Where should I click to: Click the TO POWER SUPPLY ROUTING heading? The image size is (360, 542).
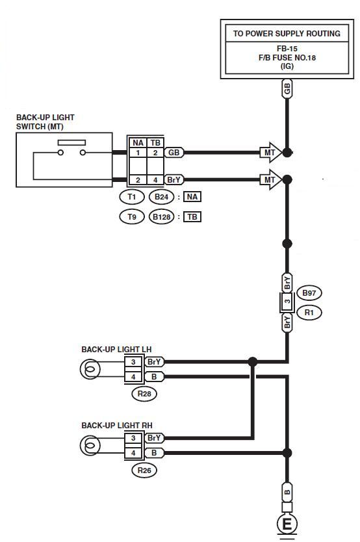tap(287, 34)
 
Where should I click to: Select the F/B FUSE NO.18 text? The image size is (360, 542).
tap(287, 57)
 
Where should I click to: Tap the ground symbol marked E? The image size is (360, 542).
tap(287, 524)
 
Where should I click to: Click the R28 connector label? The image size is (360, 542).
tap(144, 394)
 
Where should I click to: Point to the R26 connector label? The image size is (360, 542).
tap(144, 470)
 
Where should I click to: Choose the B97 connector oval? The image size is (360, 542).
tap(309, 293)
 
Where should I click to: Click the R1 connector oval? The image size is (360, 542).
tap(309, 313)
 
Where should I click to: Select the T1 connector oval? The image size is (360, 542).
tap(132, 197)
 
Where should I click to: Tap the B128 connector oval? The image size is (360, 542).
tap(161, 216)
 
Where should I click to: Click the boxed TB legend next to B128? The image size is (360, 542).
tap(192, 216)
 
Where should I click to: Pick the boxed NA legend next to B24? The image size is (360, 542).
tap(192, 197)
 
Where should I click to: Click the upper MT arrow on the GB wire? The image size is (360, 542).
tap(271, 153)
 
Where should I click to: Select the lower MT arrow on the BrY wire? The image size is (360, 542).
tap(271, 180)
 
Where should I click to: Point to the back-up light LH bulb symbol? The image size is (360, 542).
tap(90, 369)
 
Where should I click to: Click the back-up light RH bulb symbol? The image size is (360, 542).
tap(90, 445)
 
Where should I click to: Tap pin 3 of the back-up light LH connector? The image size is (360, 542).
tap(133, 362)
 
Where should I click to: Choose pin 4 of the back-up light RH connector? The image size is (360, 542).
tap(133, 453)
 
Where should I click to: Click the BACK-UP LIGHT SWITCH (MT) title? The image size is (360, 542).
tap(45, 122)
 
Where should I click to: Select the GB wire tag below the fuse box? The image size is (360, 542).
tap(287, 89)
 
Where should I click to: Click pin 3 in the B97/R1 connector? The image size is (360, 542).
tap(287, 302)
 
